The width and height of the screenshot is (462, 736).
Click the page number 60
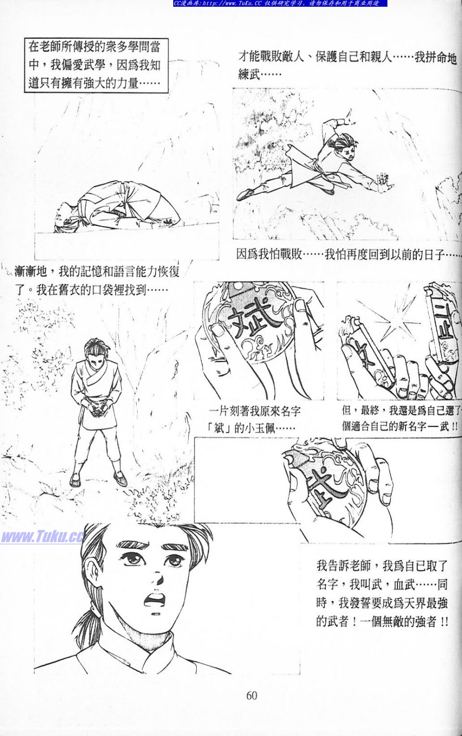(251, 696)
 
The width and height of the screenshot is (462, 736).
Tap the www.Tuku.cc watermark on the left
(42, 537)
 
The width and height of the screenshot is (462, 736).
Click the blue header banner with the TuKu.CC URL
(280, 3)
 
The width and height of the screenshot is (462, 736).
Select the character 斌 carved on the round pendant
(250, 321)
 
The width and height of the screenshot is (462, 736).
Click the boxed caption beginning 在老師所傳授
(96, 65)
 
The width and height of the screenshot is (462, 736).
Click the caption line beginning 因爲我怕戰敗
(349, 254)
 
